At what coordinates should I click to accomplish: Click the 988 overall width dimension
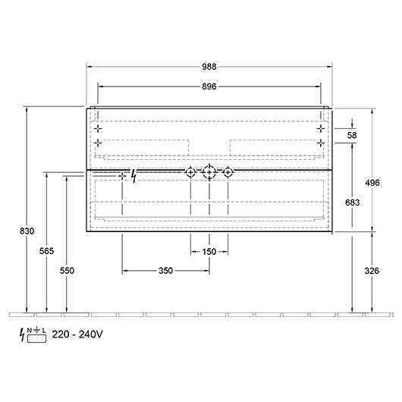click(209, 67)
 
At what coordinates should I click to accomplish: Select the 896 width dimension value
click(209, 86)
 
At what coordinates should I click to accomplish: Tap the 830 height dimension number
click(27, 231)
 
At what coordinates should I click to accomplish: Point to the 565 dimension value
click(47, 251)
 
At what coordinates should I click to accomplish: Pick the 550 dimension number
click(67, 271)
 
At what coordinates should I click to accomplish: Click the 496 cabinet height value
click(372, 183)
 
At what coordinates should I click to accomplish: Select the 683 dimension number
click(352, 203)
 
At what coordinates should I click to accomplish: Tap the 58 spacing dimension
click(352, 135)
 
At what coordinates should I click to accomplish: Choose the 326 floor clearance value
click(372, 271)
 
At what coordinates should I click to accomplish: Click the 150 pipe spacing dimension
click(209, 252)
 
